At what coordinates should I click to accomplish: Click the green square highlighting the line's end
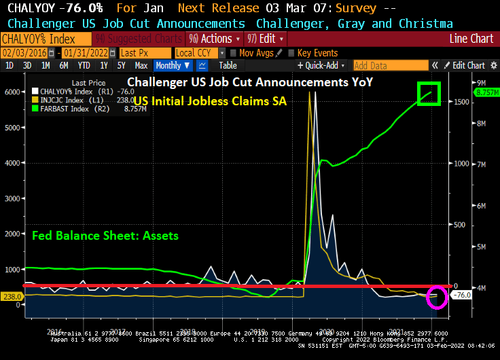pyautogui.click(x=429, y=94)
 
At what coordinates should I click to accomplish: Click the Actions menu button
pyautogui.click(x=211, y=39)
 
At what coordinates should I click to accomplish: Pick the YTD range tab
pyautogui.click(x=84, y=66)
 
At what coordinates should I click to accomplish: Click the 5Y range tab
pyautogui.click(x=121, y=66)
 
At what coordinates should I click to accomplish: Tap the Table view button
pyautogui.click(x=228, y=66)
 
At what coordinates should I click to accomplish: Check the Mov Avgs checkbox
pyautogui.click(x=233, y=52)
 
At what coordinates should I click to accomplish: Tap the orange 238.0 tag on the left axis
pyautogui.click(x=12, y=297)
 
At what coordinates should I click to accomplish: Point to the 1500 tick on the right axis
pyautogui.click(x=461, y=102)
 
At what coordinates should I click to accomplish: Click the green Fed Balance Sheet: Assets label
pyautogui.click(x=105, y=236)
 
